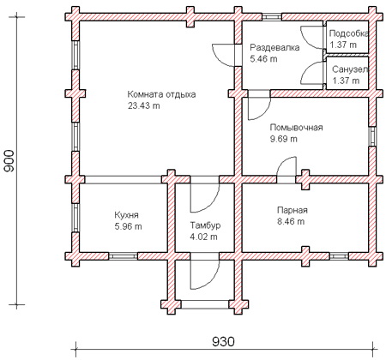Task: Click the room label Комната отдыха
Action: [x=161, y=94]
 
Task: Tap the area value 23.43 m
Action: [x=144, y=106]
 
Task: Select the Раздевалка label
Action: [x=274, y=47]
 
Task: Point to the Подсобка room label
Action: [x=349, y=33]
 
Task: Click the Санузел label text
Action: [x=350, y=69]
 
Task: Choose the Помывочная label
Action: [x=297, y=128]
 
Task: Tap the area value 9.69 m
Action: [x=284, y=139]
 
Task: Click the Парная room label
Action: [x=293, y=210]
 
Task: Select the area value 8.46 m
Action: [x=291, y=221]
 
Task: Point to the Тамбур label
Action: [x=205, y=225]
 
